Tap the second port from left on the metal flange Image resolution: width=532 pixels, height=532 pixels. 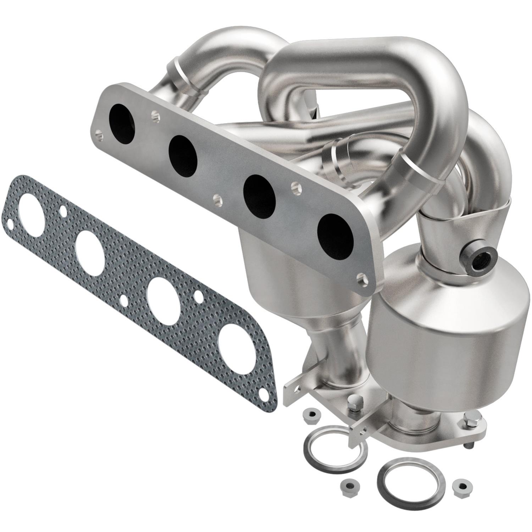tap(183, 156)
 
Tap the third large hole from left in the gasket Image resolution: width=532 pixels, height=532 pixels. tap(162, 295)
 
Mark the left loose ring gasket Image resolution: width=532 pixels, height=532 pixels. tap(333, 443)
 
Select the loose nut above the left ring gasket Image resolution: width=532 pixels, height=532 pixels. tap(311, 415)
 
